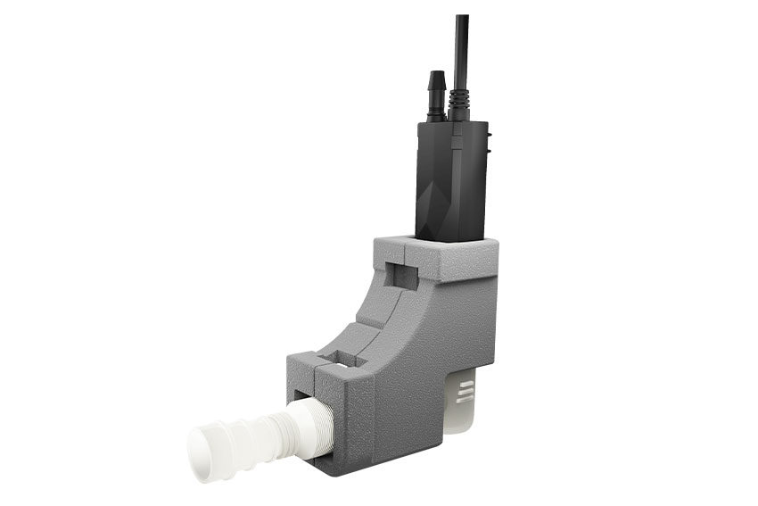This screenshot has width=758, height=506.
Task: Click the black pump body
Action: click(450, 178)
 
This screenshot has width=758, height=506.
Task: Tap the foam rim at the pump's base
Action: click(437, 243)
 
